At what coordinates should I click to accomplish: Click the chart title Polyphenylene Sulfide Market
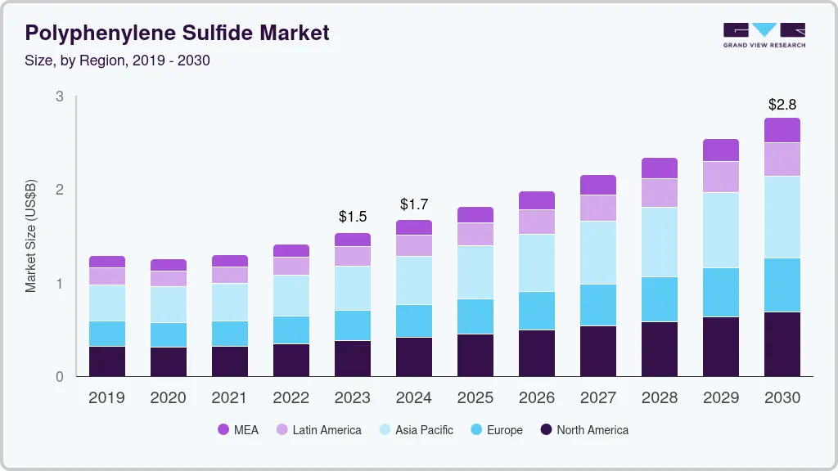(x=177, y=33)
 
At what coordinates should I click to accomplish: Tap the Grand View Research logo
(x=764, y=34)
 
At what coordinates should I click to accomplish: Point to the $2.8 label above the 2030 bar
(x=782, y=105)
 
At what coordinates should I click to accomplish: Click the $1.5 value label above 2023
(x=353, y=217)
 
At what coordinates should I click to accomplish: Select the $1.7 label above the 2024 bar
(x=414, y=204)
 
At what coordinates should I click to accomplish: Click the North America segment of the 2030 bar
(x=782, y=343)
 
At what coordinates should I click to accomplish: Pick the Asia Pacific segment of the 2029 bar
(x=721, y=230)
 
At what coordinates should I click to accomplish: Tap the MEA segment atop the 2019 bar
(x=107, y=262)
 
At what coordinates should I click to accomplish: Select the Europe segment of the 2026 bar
(x=537, y=311)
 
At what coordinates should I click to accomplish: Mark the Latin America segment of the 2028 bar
(x=660, y=193)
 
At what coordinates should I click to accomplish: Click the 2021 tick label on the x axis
(x=230, y=397)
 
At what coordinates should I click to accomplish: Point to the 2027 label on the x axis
(x=598, y=397)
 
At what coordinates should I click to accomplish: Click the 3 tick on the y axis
(x=60, y=96)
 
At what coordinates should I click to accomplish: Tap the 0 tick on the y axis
(x=60, y=377)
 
